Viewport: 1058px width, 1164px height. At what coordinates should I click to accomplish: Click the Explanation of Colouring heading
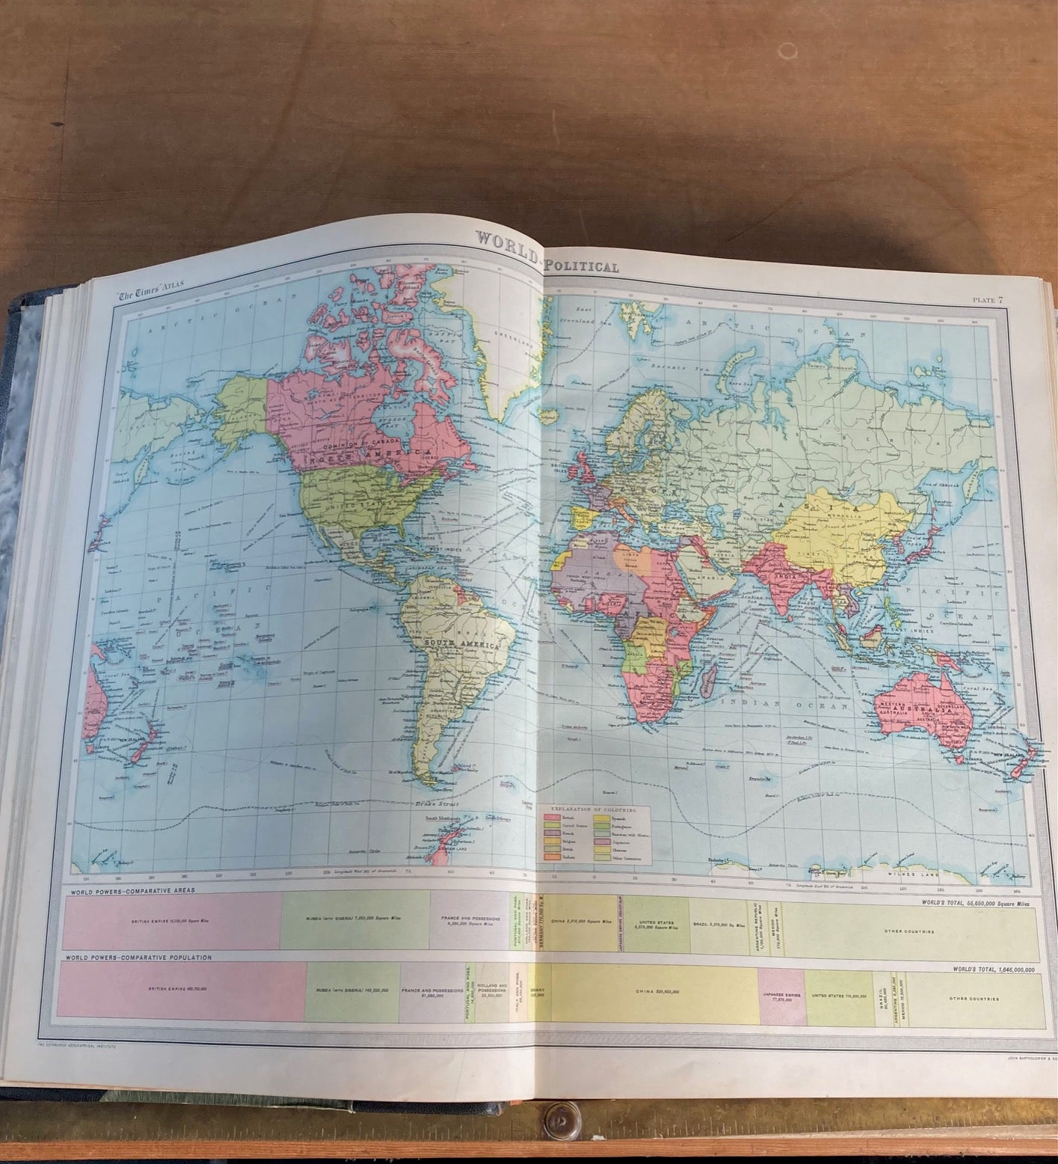595,809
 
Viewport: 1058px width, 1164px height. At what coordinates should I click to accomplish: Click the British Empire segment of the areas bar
172,922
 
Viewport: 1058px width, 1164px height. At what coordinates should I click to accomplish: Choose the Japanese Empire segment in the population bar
781,993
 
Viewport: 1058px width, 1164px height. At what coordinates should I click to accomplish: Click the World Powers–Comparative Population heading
139,957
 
